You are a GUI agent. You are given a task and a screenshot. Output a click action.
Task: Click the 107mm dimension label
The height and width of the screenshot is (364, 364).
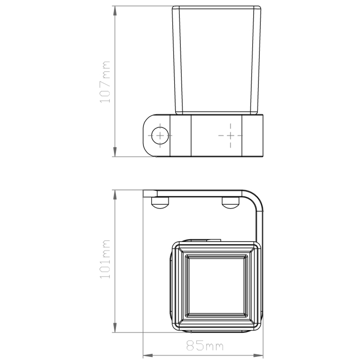click(105, 82)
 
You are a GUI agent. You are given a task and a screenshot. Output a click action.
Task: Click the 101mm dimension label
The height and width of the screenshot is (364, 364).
click(105, 259)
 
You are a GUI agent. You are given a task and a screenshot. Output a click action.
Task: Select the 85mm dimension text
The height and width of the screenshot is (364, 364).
click(205, 346)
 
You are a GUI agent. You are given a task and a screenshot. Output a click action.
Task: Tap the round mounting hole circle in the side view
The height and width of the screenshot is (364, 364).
click(160, 135)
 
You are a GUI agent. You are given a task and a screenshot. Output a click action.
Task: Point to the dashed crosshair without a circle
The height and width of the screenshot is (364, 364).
click(230, 135)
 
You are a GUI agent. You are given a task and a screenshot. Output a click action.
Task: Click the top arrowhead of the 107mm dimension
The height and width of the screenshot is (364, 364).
click(115, 11)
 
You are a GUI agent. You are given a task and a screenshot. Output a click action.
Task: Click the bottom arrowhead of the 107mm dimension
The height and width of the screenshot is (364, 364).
click(115, 152)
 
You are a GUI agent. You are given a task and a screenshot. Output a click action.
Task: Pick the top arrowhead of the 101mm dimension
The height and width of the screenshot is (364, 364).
click(115, 195)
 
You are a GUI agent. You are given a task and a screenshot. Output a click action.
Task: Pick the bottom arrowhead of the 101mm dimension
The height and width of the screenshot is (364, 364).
click(115, 328)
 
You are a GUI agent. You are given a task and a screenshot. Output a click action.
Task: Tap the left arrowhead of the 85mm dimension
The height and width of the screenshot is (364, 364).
click(148, 356)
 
